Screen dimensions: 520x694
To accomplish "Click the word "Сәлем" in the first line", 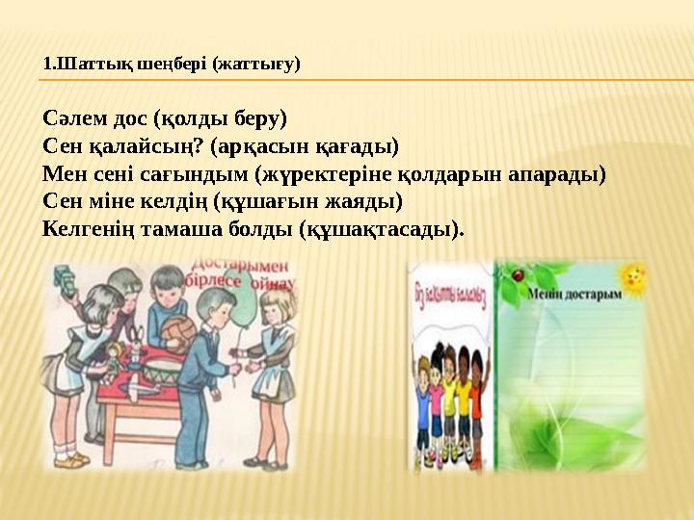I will point(74,118).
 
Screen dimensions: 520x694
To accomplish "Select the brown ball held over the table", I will point(179,333).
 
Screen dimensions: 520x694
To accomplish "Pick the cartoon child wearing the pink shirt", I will point(429,395).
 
